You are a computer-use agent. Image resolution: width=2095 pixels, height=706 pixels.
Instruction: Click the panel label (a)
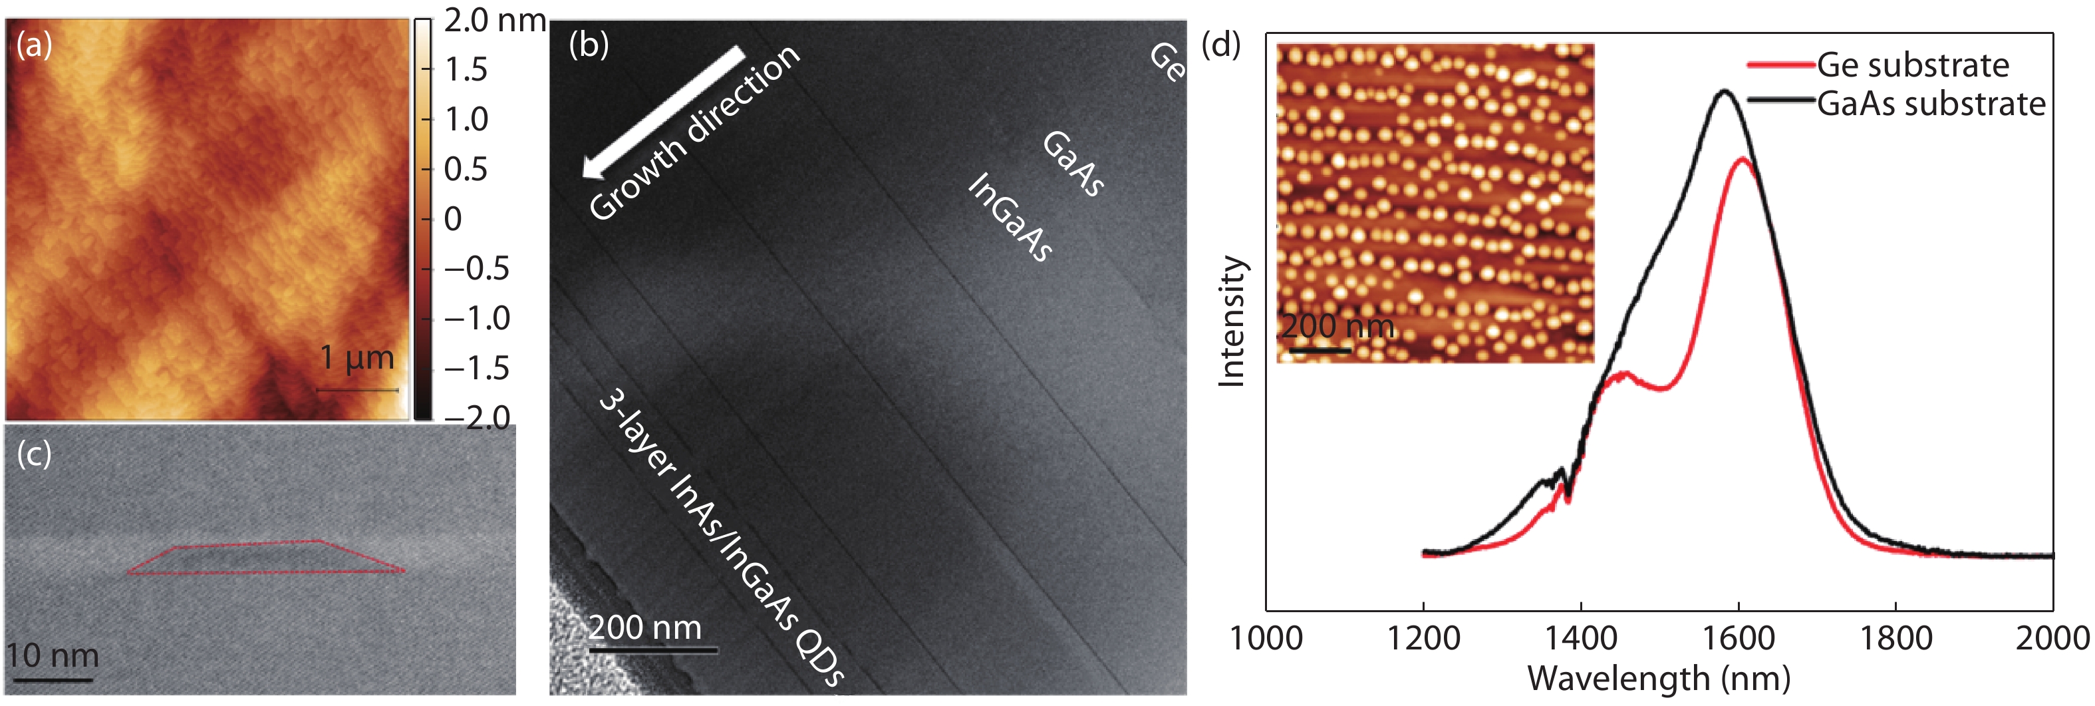click(x=34, y=45)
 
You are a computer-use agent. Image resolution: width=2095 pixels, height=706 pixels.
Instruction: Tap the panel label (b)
click(x=589, y=45)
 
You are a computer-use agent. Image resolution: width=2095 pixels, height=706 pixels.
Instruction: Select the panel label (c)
click(x=34, y=454)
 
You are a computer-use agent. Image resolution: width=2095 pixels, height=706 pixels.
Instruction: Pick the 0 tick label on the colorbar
click(x=453, y=219)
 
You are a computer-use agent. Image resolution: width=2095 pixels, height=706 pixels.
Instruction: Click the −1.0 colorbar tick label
click(x=477, y=318)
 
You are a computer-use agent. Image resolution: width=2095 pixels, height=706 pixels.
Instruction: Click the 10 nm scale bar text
click(x=53, y=655)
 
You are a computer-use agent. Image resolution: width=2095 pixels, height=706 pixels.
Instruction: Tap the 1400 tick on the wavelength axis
click(x=1580, y=639)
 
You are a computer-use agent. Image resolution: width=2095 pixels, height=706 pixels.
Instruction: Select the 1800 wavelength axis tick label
click(x=1895, y=639)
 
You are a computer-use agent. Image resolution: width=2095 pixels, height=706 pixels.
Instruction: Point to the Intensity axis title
click(x=1232, y=321)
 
